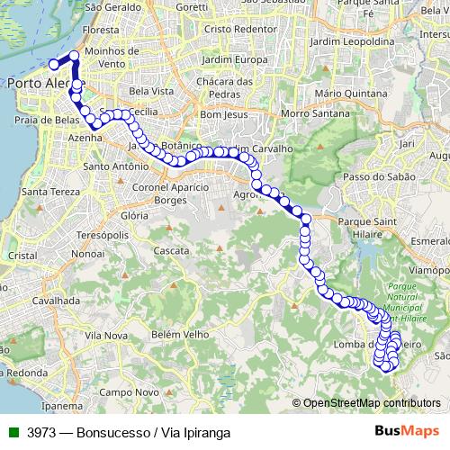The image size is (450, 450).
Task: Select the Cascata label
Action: click(x=171, y=249)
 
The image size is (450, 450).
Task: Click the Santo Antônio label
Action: click(x=115, y=166)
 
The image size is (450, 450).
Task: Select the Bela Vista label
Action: click(x=151, y=92)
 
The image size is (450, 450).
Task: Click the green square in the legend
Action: click(x=13, y=432)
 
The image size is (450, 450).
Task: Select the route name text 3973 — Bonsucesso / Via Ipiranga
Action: click(x=129, y=432)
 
